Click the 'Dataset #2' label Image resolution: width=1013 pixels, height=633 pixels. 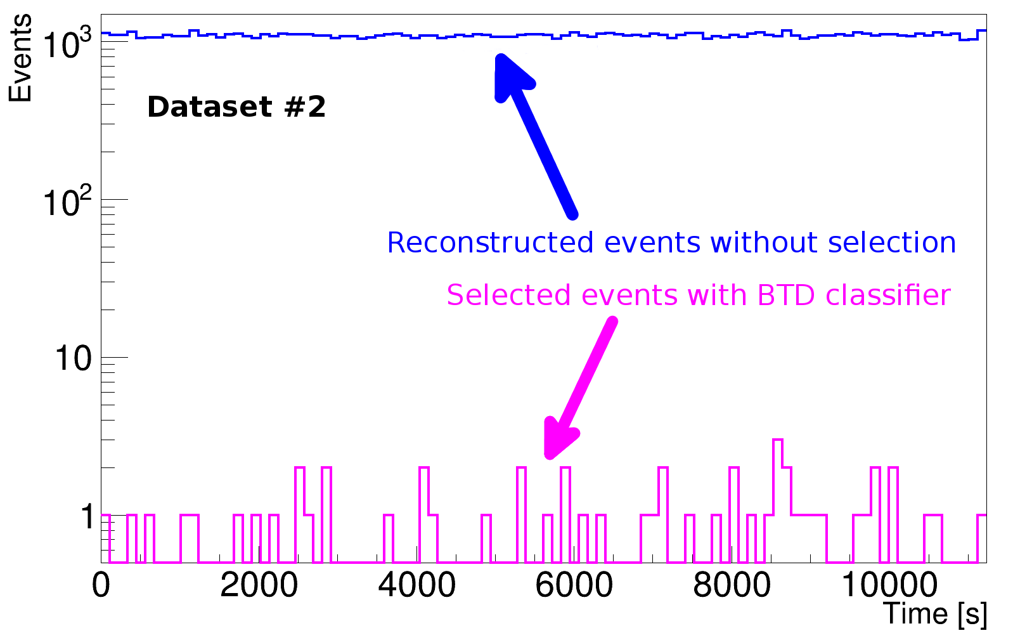pyautogui.click(x=236, y=107)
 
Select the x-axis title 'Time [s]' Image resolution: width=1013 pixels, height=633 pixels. pyautogui.click(x=935, y=613)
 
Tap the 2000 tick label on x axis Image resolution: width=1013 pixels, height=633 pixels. pyautogui.click(x=259, y=585)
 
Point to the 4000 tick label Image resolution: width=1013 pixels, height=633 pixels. pyautogui.click(x=416, y=585)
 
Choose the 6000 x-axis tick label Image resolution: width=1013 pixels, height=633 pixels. pyautogui.click(x=574, y=585)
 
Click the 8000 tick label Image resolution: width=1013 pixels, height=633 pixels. pyautogui.click(x=732, y=585)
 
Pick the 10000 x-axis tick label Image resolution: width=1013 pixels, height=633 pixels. pyautogui.click(x=889, y=585)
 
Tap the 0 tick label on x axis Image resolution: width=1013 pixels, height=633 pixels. pyautogui.click(x=101, y=585)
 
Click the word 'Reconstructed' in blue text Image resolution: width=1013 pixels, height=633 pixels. pyautogui.click(x=491, y=243)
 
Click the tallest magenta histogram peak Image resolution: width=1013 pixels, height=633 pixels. pyautogui.click(x=777, y=440)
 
